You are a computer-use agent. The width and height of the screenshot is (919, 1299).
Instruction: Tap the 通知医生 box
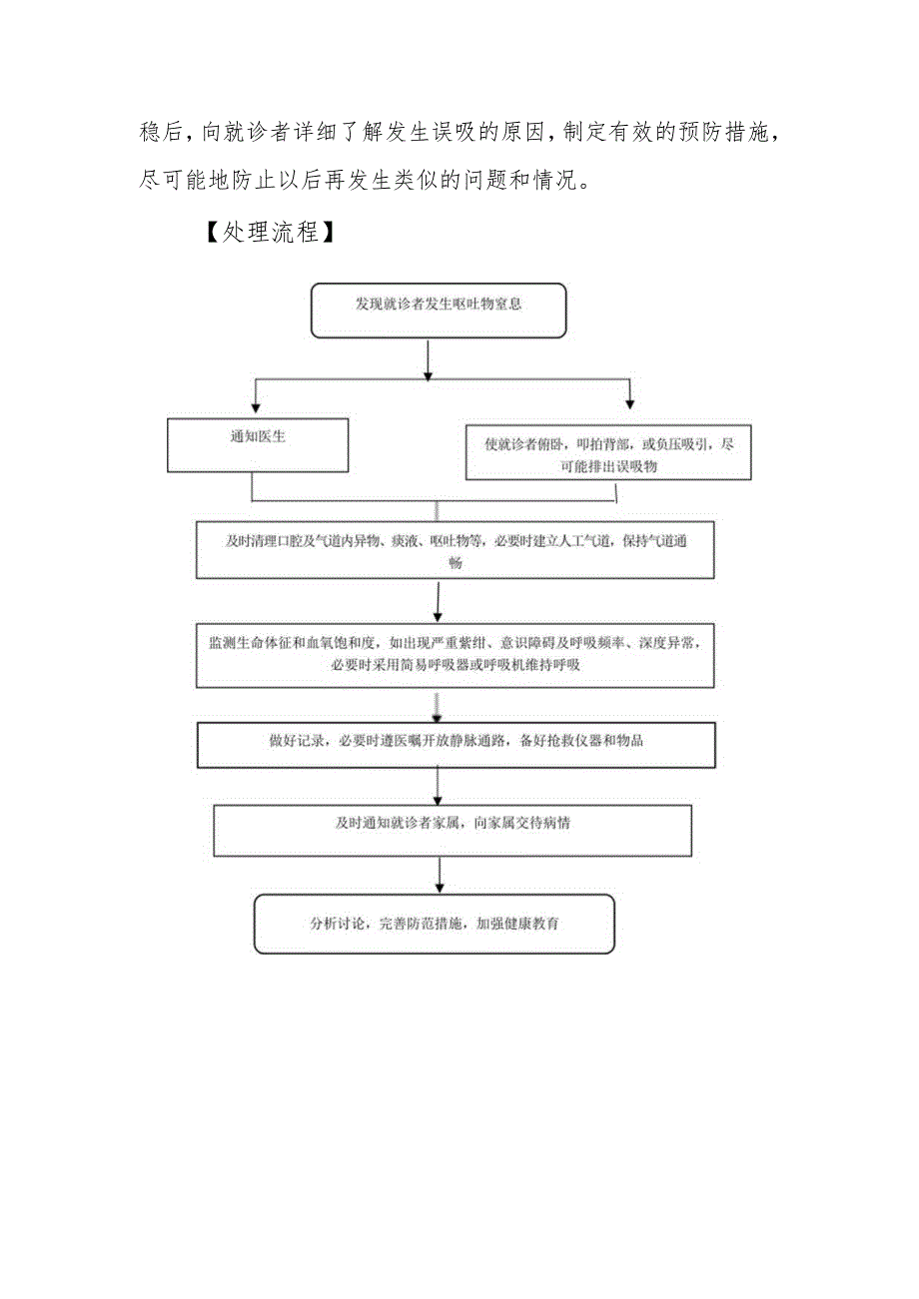[x=258, y=443]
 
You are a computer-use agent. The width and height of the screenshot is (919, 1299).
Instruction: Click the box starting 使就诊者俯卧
[x=608, y=452]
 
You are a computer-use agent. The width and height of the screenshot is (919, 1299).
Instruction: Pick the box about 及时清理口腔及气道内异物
[x=455, y=550]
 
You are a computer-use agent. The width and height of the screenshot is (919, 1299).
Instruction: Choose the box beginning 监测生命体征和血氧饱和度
[x=455, y=655]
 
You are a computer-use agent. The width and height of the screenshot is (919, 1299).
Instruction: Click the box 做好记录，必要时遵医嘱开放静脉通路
[x=455, y=745]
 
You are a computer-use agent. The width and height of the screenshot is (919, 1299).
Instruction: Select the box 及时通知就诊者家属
[x=453, y=831]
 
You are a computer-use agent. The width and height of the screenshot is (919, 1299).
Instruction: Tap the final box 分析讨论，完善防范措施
[x=434, y=924]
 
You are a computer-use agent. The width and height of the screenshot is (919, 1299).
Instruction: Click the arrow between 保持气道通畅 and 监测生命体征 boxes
[x=438, y=601]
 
